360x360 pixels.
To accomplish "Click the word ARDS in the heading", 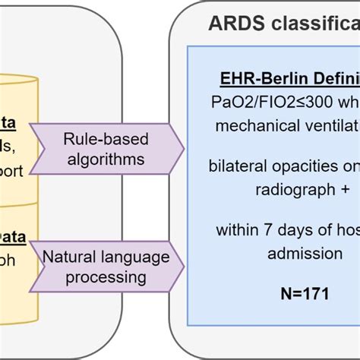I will pos(233,25).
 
